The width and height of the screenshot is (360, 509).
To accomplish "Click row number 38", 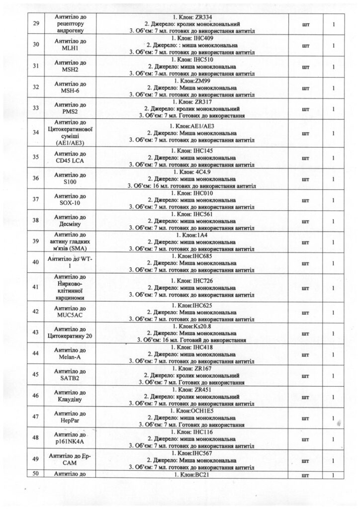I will [35, 221].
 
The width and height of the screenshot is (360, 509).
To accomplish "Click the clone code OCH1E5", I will [205, 412].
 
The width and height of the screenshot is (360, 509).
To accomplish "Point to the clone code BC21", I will [202, 474].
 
